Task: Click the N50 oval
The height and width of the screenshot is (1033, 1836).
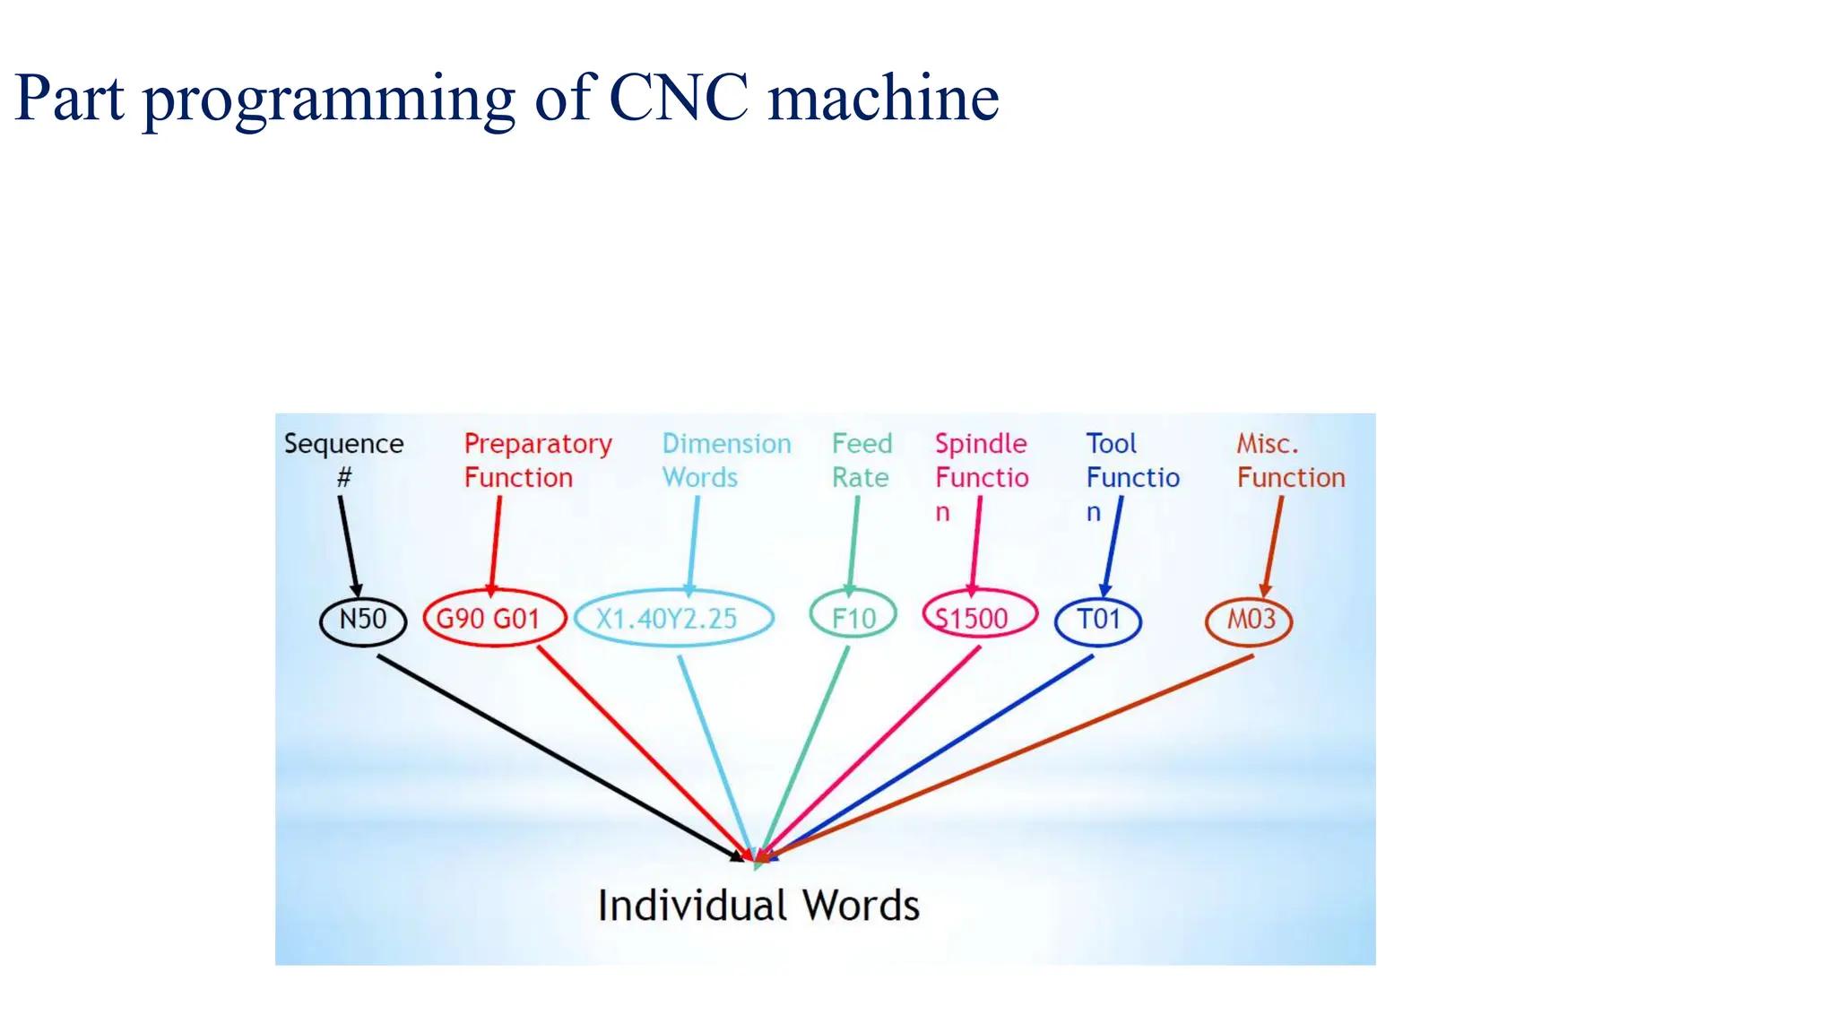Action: tap(363, 620)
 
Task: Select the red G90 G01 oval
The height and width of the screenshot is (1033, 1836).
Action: tap(494, 619)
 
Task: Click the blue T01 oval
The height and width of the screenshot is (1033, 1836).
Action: tap(1098, 621)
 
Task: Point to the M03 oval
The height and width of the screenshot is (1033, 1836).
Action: tap(1249, 621)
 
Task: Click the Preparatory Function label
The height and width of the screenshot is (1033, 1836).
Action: tap(537, 460)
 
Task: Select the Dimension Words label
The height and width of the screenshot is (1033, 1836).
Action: tap(726, 460)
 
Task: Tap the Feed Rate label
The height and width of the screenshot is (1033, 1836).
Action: tap(862, 460)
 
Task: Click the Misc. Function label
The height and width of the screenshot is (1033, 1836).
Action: tap(1290, 460)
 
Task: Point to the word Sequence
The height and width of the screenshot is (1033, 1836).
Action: tap(343, 444)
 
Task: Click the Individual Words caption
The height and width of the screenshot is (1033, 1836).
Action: tap(758, 905)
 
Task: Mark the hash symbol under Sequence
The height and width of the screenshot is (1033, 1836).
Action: tap(344, 478)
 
